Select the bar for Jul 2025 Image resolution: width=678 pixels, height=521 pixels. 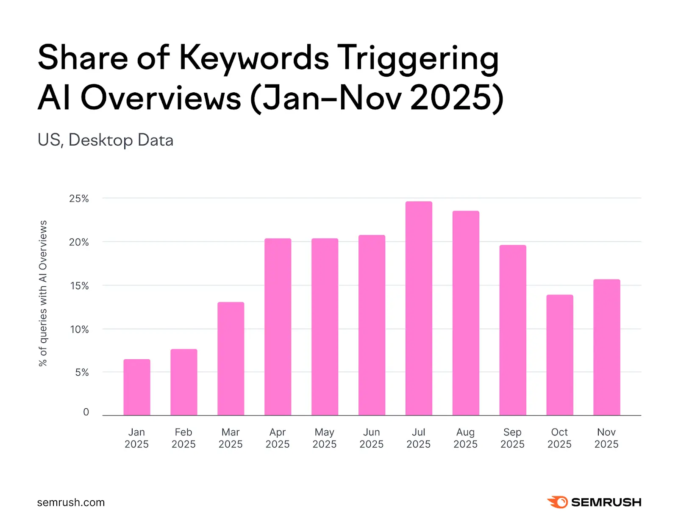[419, 308]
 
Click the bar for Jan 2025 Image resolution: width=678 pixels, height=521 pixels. [137, 387]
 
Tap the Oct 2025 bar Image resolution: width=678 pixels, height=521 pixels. [559, 355]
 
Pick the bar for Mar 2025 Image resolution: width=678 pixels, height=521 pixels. [231, 358]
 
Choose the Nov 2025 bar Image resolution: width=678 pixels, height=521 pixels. [606, 347]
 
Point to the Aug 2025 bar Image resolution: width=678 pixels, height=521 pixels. [466, 313]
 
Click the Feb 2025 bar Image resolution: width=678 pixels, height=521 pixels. [184, 382]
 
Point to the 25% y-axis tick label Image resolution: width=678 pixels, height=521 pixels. [79, 199]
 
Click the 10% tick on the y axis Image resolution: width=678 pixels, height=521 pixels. [79, 330]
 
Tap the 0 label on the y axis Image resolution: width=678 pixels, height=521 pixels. [86, 412]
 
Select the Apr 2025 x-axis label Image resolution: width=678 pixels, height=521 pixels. [278, 438]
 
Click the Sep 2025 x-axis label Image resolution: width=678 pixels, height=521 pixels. [512, 438]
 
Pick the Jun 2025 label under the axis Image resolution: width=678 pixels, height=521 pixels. [371, 438]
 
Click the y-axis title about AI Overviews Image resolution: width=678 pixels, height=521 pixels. [43, 293]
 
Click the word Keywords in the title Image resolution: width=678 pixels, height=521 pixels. [254, 58]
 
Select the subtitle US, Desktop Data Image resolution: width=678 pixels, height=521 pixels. [106, 140]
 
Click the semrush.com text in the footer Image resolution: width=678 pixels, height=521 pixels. [71, 502]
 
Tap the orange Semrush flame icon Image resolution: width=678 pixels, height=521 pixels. [558, 502]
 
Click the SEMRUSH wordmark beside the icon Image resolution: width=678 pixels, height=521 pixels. [606, 502]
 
